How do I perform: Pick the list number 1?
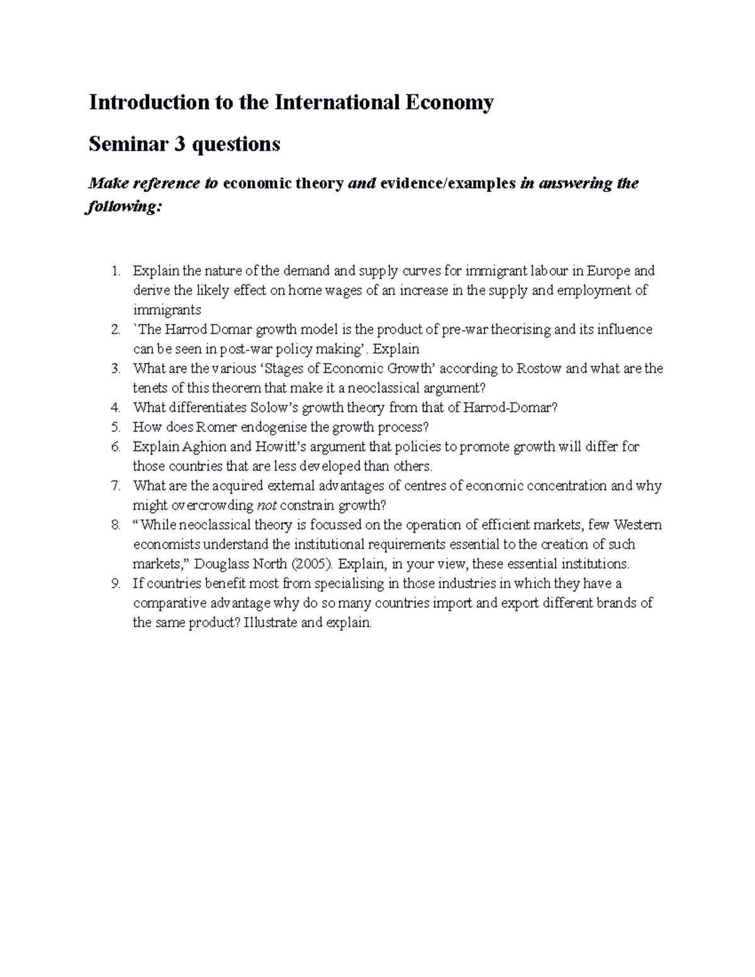tap(115, 271)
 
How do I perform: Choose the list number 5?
tap(115, 427)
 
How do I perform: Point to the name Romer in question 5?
tap(216, 427)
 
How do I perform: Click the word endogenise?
tap(274, 427)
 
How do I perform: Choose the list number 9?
tap(115, 583)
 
